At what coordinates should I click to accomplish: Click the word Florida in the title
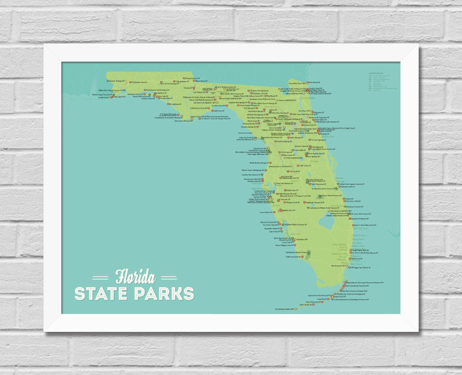[135, 277]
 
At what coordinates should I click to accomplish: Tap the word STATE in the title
[103, 294]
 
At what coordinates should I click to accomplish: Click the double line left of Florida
[100, 279]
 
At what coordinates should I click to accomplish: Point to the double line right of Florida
[170, 279]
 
